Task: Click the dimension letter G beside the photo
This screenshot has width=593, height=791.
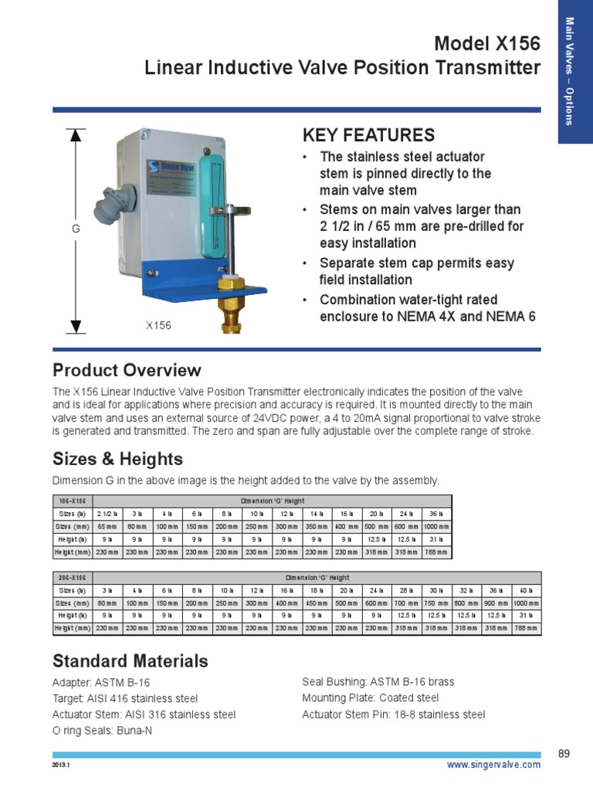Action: pos(76,229)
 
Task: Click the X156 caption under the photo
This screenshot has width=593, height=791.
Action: pos(158,325)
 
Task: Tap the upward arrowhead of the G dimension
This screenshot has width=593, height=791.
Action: pos(76,135)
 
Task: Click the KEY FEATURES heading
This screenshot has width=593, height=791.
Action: pos(368,135)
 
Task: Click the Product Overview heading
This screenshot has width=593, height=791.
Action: pos(127,370)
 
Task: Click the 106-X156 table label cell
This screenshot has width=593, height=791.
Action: pos(72,501)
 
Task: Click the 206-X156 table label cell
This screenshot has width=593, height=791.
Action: pos(72,578)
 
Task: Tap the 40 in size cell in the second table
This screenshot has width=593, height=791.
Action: pos(525,590)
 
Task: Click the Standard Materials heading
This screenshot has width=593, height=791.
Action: pos(130,660)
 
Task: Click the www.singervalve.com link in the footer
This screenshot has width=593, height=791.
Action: pos(494,765)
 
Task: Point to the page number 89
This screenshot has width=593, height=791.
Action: pos(563,753)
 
